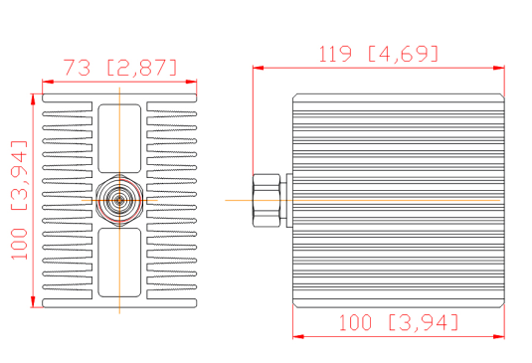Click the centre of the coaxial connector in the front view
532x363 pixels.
119,200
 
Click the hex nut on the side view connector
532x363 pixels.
266,200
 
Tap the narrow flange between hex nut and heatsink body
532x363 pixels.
289,200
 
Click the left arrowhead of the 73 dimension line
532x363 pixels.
48,82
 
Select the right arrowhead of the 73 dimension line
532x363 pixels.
191,82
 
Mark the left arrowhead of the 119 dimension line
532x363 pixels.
259,68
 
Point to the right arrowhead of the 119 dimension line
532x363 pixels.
499,68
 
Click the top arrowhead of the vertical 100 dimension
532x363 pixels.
33,99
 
